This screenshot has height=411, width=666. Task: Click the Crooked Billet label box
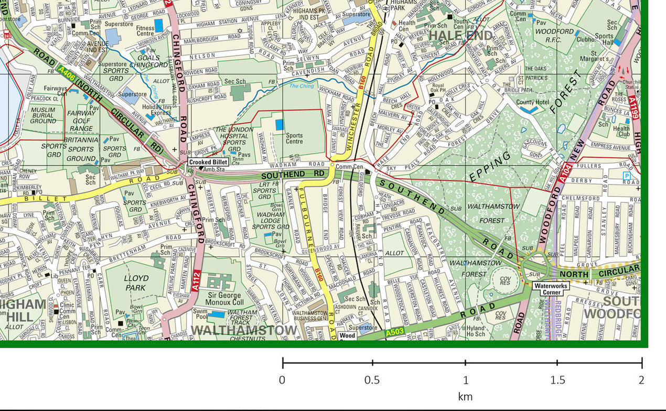click(x=208, y=162)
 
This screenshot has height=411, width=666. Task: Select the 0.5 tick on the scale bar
click(x=372, y=363)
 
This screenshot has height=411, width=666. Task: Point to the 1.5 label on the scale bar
click(x=557, y=380)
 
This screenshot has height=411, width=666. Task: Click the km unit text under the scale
click(x=465, y=396)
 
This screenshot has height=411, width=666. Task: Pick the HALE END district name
click(x=461, y=35)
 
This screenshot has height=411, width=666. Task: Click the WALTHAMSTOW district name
click(x=244, y=330)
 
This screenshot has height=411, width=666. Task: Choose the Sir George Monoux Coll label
click(x=223, y=299)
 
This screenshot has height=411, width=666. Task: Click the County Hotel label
click(x=533, y=103)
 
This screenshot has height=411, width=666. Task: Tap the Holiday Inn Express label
click(x=160, y=110)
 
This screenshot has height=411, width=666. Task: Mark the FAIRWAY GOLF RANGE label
click(x=81, y=121)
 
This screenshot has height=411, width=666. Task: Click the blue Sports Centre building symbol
click(x=279, y=125)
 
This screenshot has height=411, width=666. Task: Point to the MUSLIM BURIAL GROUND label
click(x=43, y=115)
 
